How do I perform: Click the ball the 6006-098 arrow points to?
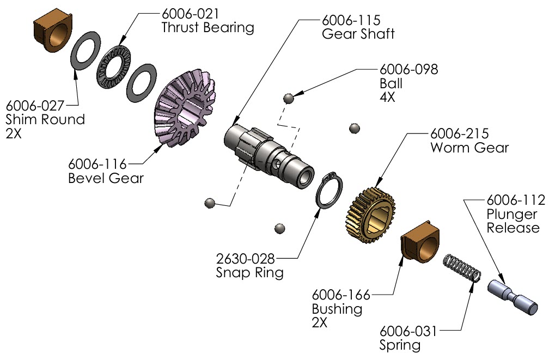[x=289, y=98]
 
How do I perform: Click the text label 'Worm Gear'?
[x=469, y=148]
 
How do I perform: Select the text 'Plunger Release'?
[x=513, y=221]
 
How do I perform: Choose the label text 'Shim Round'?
[x=45, y=119]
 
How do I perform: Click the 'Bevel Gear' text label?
[x=106, y=178]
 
